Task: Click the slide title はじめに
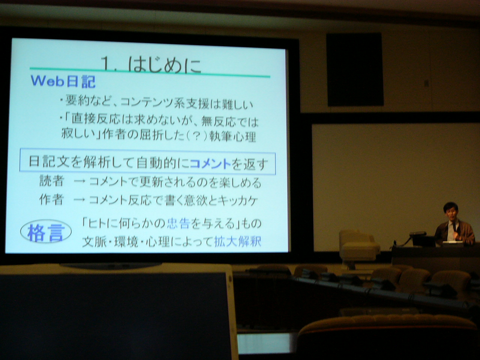tap(165, 65)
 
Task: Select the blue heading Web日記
tap(63, 81)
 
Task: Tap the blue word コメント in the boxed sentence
tap(210, 163)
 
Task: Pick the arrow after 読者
tap(79, 181)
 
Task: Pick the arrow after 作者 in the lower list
tap(79, 200)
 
